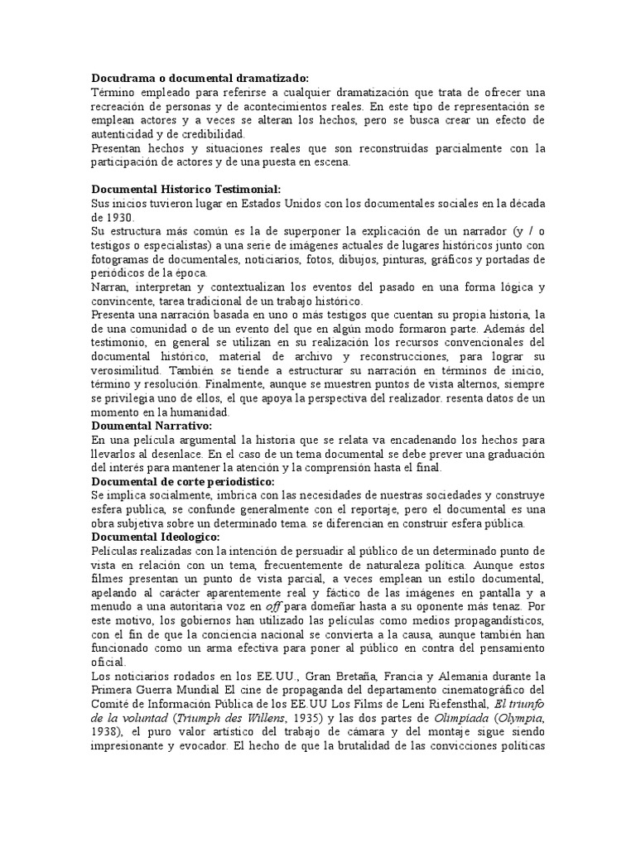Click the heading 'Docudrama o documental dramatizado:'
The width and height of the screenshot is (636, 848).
(x=200, y=78)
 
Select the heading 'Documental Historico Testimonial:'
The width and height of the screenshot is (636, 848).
(x=186, y=190)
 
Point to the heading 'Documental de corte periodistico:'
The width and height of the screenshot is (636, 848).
(x=183, y=481)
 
